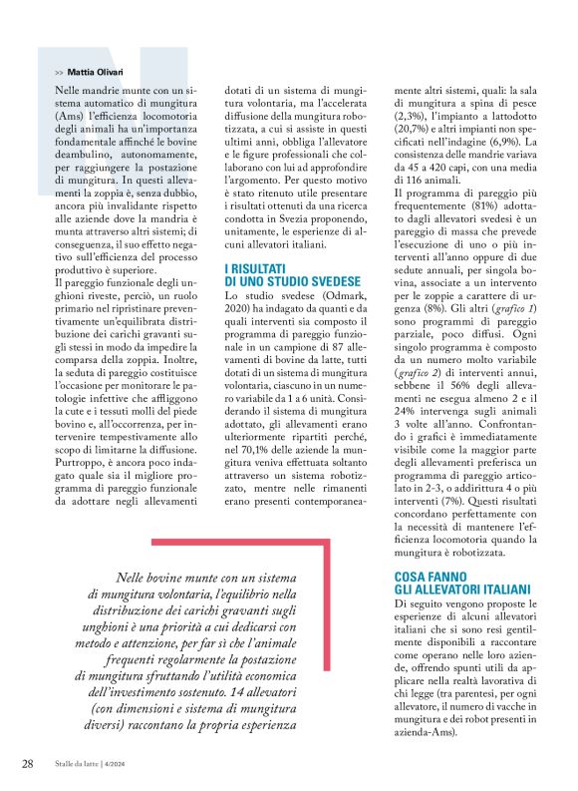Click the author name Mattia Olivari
click(97, 73)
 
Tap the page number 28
click(28, 763)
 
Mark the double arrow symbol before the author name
click(59, 73)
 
